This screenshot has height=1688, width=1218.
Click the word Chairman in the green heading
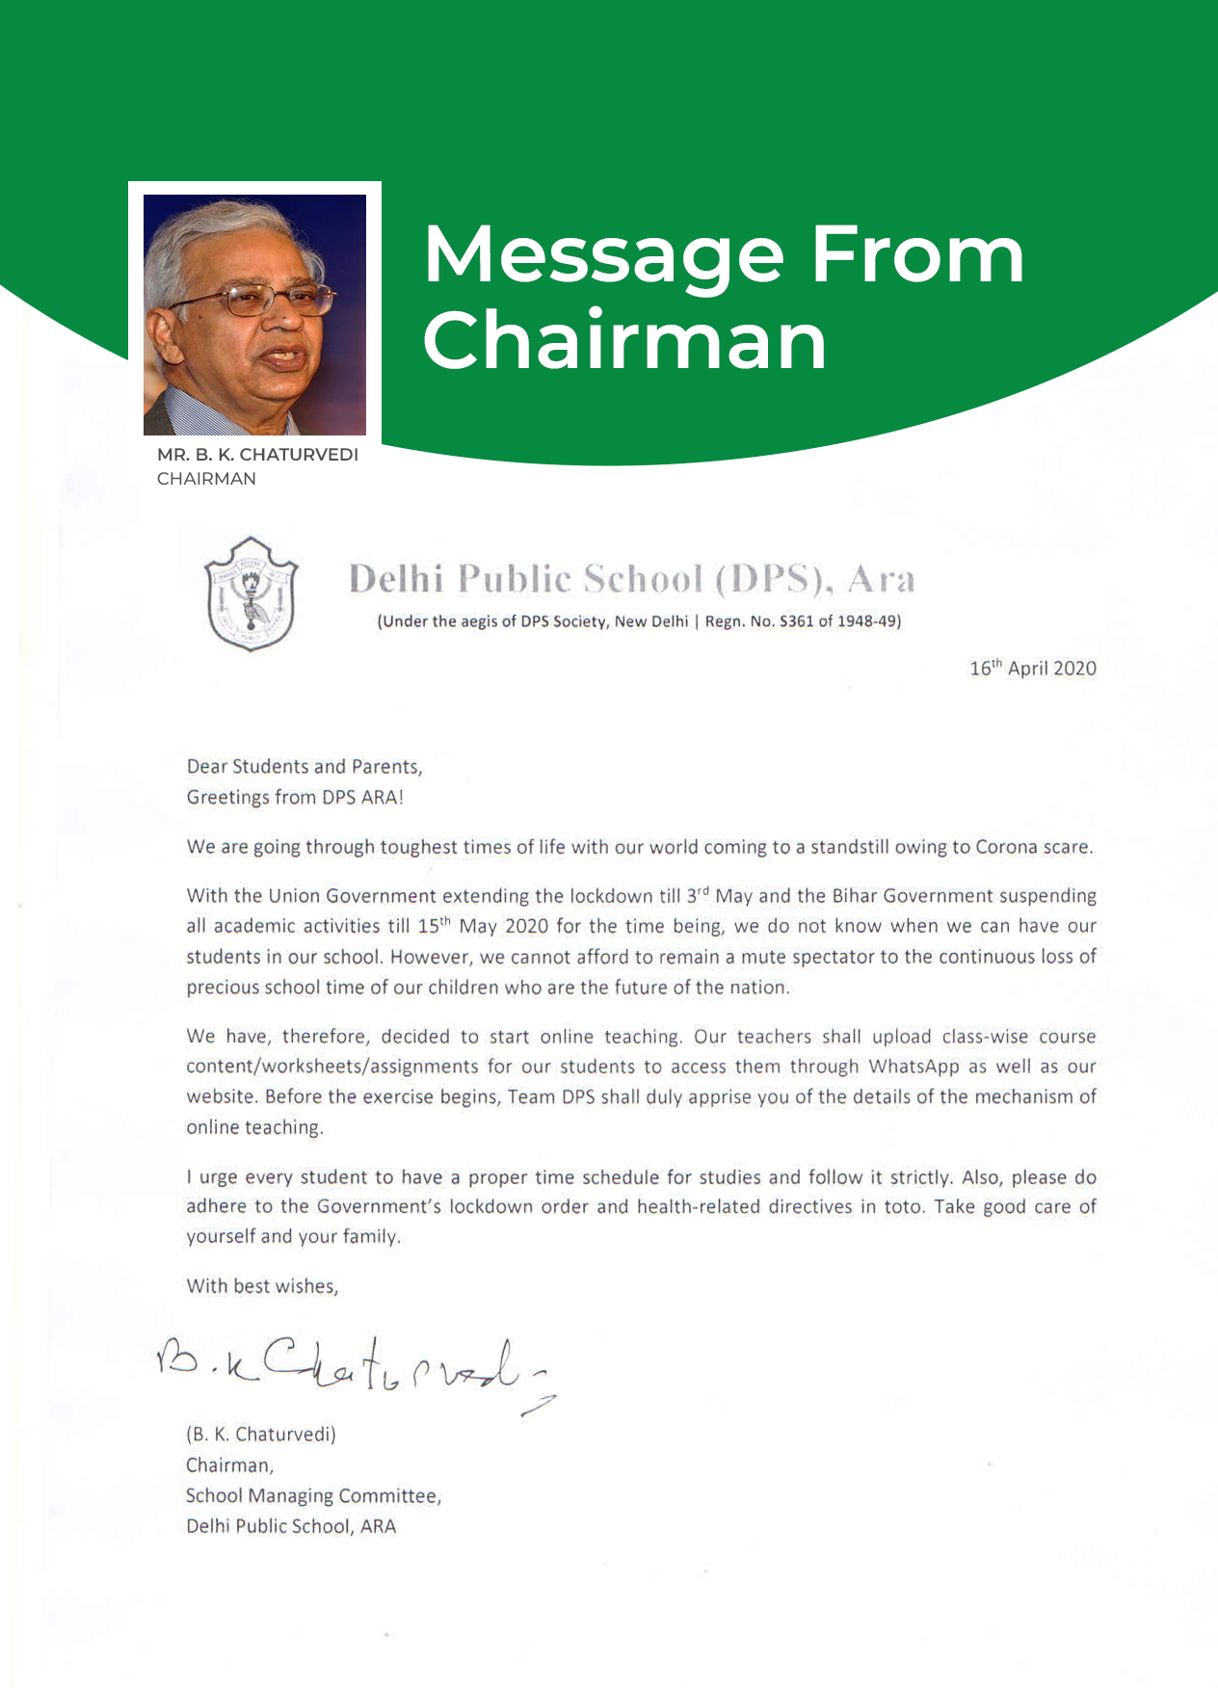click(624, 341)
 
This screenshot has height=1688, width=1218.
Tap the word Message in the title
click(603, 256)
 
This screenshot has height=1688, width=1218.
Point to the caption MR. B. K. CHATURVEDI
click(257, 455)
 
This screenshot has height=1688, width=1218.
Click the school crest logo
click(252, 593)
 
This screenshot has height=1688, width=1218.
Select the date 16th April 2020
click(1032, 669)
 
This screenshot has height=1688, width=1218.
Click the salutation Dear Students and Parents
click(304, 767)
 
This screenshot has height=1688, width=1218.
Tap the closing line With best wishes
click(262, 1286)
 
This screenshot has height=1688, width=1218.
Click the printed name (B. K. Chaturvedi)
click(261, 1435)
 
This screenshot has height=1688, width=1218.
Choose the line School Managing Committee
click(313, 1496)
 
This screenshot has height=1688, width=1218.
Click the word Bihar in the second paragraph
click(855, 896)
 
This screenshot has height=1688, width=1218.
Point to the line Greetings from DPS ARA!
click(295, 798)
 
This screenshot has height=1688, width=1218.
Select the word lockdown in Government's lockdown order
click(490, 1207)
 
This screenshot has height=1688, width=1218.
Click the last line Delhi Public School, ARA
click(291, 1527)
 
